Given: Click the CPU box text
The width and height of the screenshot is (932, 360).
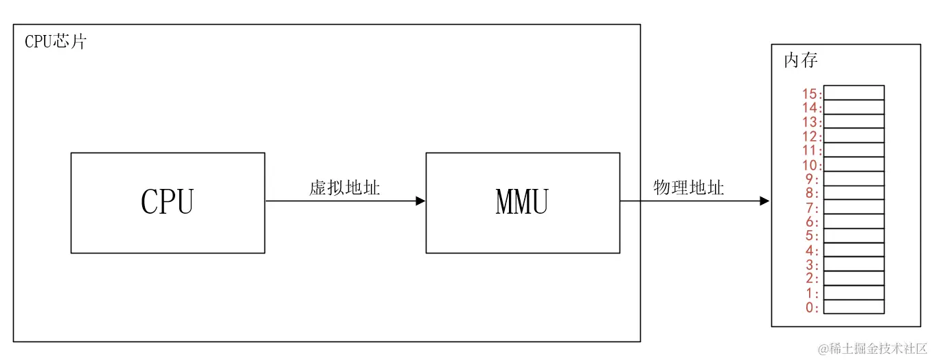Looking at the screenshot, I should [168, 202].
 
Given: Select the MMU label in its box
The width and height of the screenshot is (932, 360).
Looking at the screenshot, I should [522, 202].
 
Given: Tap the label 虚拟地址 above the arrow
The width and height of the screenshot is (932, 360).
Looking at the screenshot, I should [345, 188].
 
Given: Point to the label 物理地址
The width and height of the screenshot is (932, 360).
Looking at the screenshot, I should [688, 188].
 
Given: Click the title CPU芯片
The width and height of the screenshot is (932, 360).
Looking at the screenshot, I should [56, 41].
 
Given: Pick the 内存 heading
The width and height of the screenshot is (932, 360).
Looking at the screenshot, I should [801, 60].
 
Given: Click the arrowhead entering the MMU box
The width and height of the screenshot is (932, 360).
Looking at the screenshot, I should [420, 201].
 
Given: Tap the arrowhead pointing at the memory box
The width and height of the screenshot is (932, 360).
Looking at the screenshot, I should [764, 201].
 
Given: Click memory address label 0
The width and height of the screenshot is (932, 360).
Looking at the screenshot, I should [812, 307].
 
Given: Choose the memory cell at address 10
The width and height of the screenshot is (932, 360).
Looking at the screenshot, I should [854, 164].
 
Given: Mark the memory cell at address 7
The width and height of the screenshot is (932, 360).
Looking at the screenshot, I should [854, 207].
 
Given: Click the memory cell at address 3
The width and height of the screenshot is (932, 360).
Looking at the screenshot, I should [854, 264].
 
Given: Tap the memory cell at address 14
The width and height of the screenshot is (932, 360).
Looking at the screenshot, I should [854, 107].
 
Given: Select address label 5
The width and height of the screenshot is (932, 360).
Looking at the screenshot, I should [812, 236].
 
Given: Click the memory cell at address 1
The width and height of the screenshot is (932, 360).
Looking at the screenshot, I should [854, 293].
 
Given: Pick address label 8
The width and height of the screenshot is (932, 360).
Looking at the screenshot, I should [812, 193].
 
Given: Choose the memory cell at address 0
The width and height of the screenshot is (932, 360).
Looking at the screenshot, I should [854, 307].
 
